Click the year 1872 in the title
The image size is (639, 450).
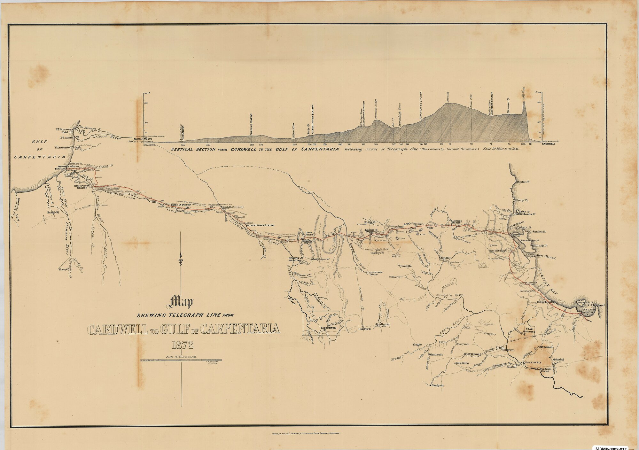182,345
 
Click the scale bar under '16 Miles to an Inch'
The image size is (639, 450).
181,360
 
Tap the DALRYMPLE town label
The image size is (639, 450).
533,362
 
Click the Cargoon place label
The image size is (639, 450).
437,385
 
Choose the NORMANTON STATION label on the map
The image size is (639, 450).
80,187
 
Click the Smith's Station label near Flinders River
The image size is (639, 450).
54,212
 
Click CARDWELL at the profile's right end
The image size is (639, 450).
549,144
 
